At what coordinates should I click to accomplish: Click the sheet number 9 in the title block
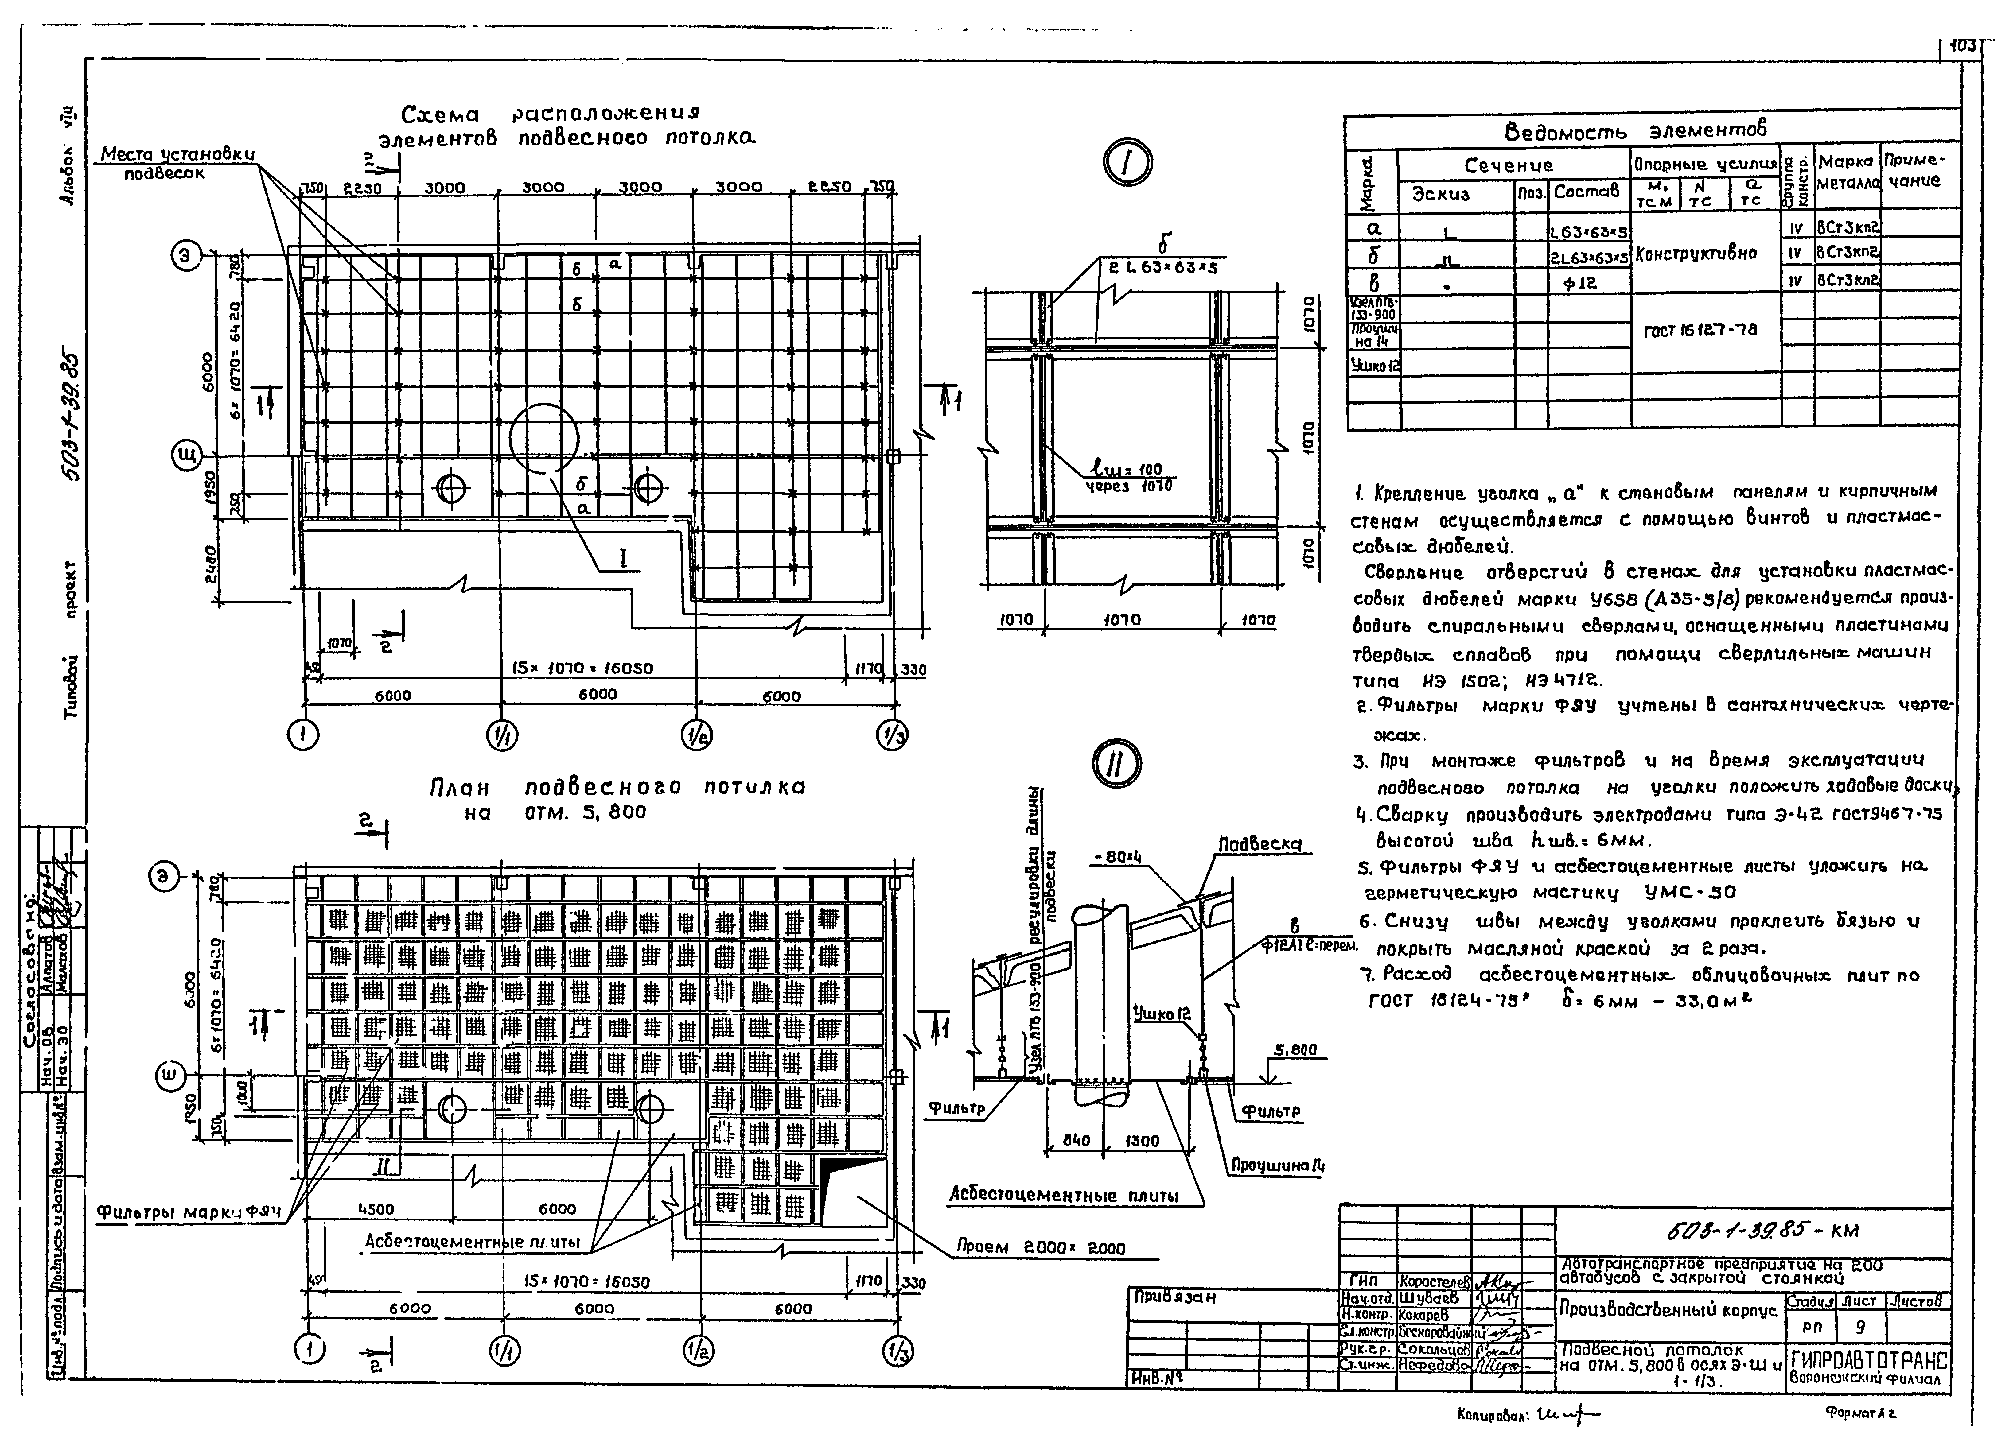coord(1858,1328)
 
